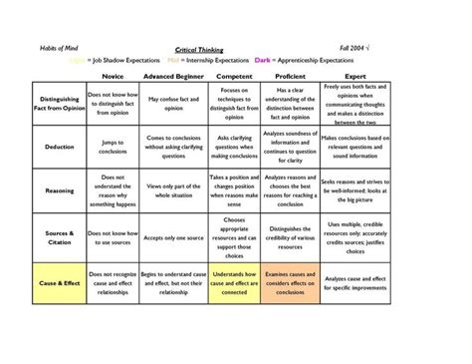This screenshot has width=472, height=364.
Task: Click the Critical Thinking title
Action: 199,48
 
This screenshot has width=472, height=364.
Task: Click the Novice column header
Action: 113,76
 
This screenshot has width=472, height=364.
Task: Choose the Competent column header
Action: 235,76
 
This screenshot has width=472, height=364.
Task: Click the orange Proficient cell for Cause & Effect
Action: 295,282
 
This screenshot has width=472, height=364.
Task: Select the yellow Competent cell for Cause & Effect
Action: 235,282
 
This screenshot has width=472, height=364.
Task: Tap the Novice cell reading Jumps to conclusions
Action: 113,146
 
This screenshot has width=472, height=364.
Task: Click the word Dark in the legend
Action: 263,60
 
